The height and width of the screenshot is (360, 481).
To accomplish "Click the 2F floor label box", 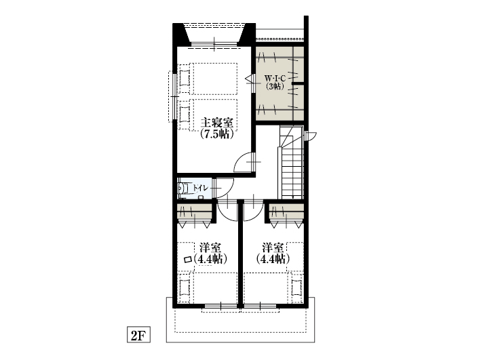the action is tap(138, 334).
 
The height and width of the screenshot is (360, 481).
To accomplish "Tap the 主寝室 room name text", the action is tap(217, 123).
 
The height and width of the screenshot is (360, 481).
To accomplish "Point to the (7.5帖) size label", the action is tap(217, 134).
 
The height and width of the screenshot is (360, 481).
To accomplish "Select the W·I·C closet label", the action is tap(275, 78).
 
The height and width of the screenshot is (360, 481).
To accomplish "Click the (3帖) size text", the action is tap(275, 87).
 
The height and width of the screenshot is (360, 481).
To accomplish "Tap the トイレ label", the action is tap(200, 188).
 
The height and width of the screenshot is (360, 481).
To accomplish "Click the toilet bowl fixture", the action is tap(183, 188).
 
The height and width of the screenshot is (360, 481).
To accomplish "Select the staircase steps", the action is tap(291, 162).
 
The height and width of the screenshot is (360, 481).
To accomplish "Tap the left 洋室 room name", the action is tap(210, 247).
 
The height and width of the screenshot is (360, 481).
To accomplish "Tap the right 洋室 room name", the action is tap(273, 247).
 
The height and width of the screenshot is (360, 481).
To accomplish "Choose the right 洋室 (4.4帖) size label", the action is tap(273, 259).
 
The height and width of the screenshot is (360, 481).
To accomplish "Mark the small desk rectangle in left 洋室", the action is tap(187, 260).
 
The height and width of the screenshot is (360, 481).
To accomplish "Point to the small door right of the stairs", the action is tap(311, 136).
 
